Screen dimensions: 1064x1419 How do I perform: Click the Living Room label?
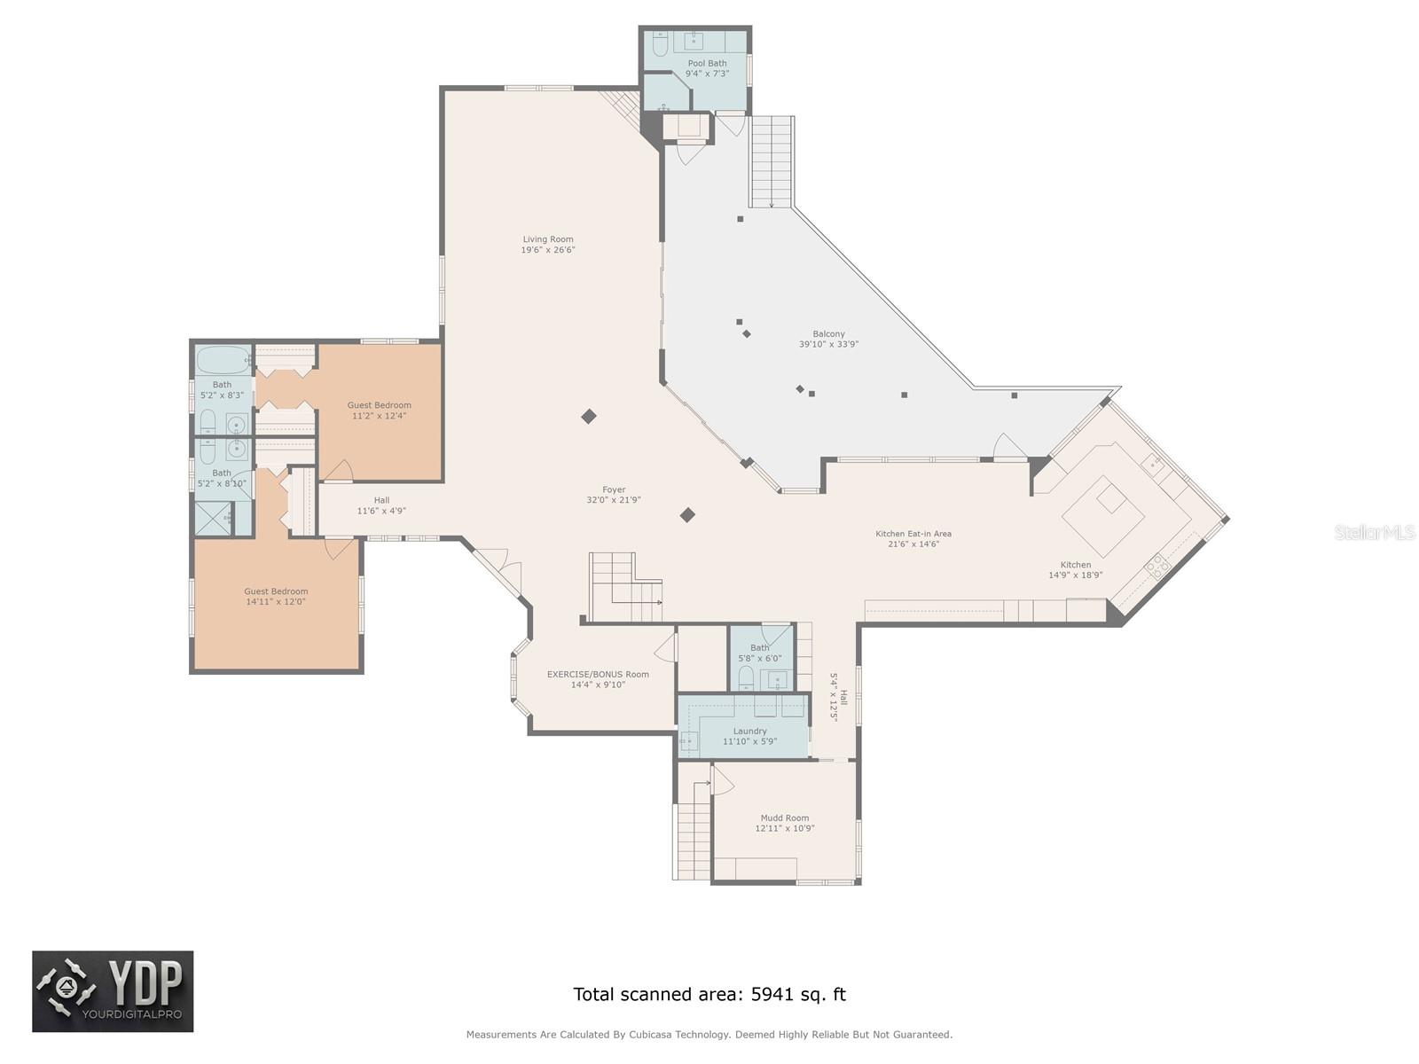548,239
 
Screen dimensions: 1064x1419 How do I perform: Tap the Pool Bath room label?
707,63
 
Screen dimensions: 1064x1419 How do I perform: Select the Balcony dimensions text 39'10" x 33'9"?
828,344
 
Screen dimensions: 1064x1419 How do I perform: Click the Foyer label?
614,489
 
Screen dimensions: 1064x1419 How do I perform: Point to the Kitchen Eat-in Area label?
913,534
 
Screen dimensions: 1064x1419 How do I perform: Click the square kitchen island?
1103,515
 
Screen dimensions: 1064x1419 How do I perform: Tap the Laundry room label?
749,731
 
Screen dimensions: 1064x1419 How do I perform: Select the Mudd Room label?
785,818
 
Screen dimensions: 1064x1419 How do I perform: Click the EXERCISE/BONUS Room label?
598,674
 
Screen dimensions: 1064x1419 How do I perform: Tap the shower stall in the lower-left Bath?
213,519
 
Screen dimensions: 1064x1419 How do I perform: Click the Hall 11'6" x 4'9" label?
381,500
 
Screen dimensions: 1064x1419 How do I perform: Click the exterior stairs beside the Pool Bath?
771,161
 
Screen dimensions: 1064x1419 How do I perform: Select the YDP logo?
113,991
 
